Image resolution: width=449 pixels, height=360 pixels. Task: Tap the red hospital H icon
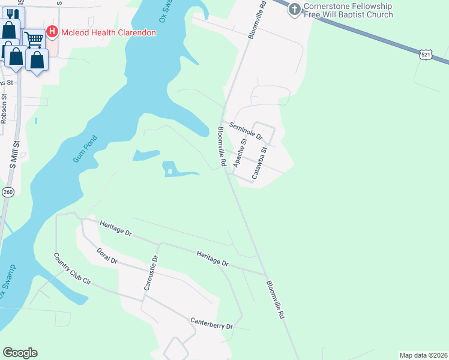click(x=52, y=31)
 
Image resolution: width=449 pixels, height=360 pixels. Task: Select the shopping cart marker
click(x=34, y=40)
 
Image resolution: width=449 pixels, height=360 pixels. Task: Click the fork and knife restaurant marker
click(x=10, y=13)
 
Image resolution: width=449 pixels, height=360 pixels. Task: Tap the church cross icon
click(x=294, y=9)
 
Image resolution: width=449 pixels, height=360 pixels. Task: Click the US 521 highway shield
click(x=425, y=55)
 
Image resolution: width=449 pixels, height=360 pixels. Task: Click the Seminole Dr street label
click(x=247, y=130)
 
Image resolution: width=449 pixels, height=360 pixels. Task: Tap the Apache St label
click(x=240, y=154)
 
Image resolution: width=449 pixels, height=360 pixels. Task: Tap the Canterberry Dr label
click(x=211, y=324)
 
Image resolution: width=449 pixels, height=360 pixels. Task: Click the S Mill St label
click(x=16, y=154)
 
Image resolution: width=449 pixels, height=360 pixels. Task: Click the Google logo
click(x=20, y=353)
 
